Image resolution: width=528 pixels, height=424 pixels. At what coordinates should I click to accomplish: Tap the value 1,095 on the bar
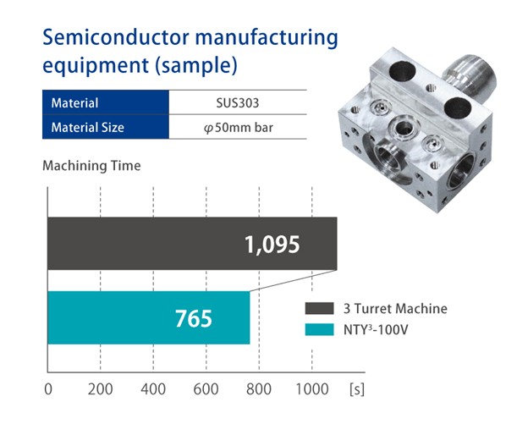pyautogui.click(x=272, y=245)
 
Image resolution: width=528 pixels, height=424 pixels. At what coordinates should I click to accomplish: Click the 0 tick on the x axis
pyautogui.click(x=47, y=390)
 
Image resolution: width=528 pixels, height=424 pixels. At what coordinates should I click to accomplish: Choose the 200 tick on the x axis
pyautogui.click(x=101, y=390)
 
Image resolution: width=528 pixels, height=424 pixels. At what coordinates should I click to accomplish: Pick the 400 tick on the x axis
pyautogui.click(x=153, y=390)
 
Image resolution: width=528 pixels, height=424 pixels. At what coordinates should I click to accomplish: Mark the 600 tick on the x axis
pyautogui.click(x=206, y=390)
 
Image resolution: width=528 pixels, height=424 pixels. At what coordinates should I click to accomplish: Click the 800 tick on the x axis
pyautogui.click(x=259, y=390)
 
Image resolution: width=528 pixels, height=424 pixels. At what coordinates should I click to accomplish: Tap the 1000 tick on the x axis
pyautogui.click(x=311, y=390)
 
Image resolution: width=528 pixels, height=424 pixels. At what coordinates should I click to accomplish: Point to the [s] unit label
pyautogui.click(x=357, y=390)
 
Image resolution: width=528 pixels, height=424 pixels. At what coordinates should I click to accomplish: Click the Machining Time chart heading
pyautogui.click(x=91, y=166)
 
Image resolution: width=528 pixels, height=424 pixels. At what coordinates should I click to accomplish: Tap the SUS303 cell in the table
pyautogui.click(x=238, y=103)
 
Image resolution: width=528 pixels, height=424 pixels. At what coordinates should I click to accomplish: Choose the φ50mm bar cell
pyautogui.click(x=238, y=128)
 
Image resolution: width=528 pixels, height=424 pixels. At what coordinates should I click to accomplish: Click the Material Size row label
pyautogui.click(x=88, y=128)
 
